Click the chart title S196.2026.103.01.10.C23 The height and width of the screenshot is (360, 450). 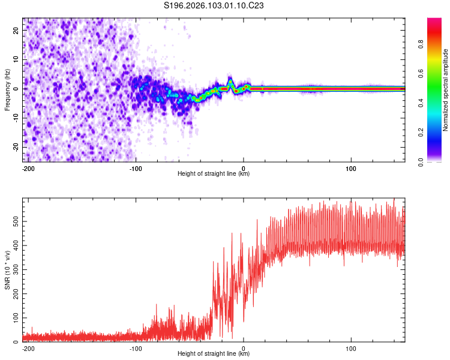pos(214,5)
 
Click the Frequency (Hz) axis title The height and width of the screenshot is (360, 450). pos(7,89)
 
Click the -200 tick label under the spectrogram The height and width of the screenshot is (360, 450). pos(28,167)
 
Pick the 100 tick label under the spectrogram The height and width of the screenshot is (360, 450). pos(351,167)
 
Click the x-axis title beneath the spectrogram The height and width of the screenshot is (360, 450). pos(214,174)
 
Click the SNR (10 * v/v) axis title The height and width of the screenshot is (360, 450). pos(7,269)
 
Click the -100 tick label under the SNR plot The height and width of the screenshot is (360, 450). pos(136,347)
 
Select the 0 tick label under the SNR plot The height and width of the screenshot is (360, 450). pos(244,347)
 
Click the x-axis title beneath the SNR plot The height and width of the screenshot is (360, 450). pos(214,354)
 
